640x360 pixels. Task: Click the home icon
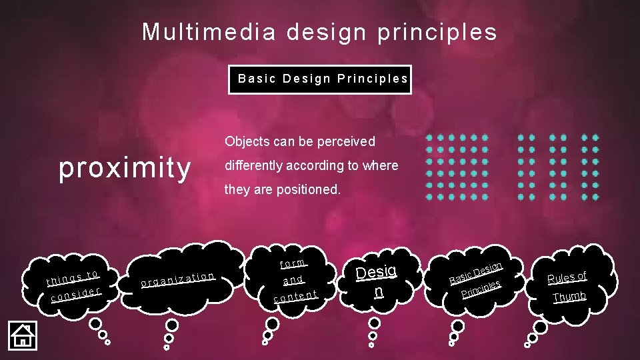click(x=22, y=335)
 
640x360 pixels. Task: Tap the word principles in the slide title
click(x=437, y=32)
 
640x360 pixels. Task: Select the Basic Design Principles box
click(x=320, y=79)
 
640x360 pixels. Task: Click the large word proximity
click(x=125, y=167)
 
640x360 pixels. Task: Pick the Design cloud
click(x=377, y=279)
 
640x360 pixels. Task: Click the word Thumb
click(x=570, y=296)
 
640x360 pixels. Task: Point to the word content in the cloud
click(x=295, y=295)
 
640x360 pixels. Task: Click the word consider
click(x=76, y=293)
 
